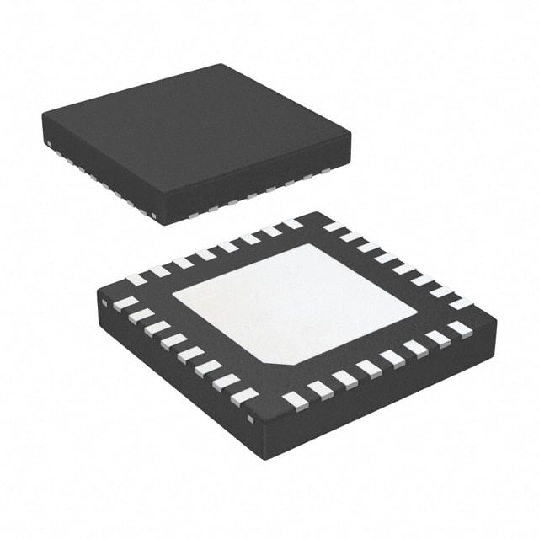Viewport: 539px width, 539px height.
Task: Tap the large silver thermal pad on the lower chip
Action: pos(295,303)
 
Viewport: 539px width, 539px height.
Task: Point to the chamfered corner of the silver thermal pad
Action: pos(286,360)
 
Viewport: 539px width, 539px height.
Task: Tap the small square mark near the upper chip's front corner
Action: pos(154,216)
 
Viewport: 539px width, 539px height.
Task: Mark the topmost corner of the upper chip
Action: pos(221,65)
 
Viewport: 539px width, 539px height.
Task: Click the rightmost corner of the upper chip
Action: pos(350,132)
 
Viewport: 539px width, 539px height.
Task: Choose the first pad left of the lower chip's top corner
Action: pos(291,224)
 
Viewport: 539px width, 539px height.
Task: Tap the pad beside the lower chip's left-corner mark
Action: pos(125,302)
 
